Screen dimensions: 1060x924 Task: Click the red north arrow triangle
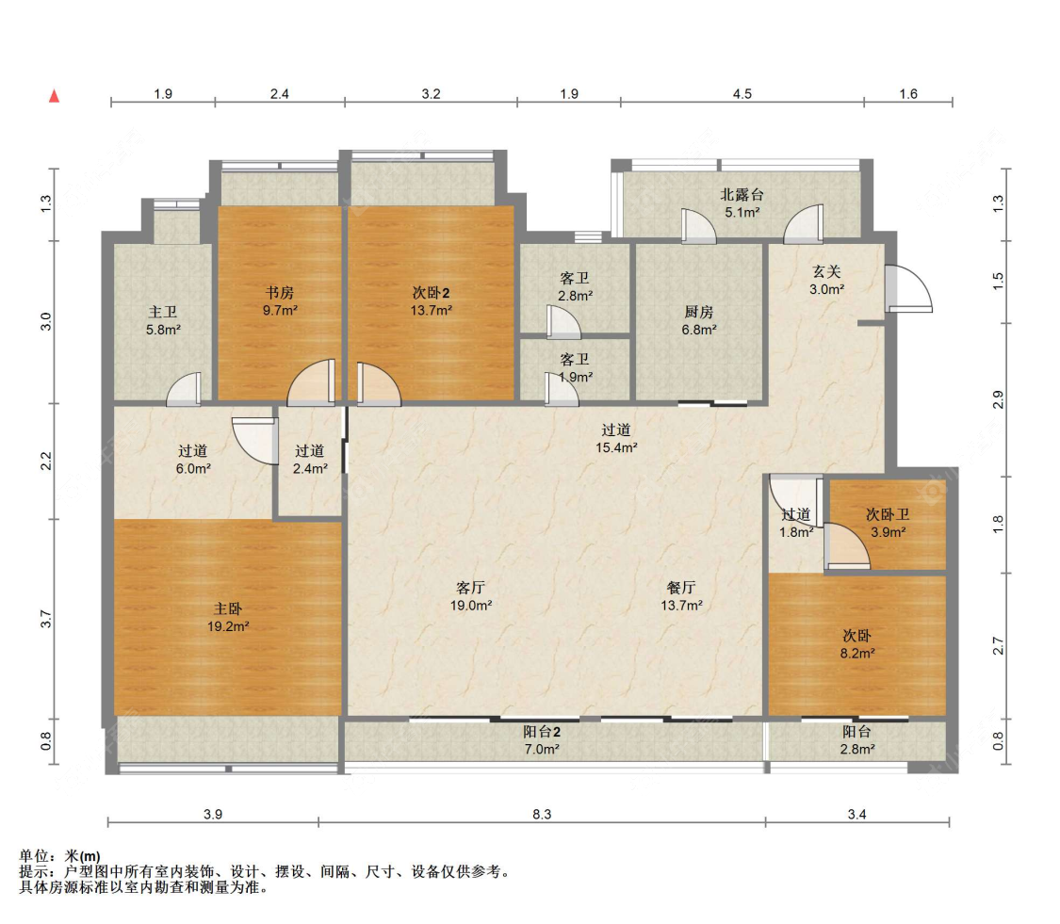point(54,96)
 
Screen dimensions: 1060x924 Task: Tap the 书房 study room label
point(279,293)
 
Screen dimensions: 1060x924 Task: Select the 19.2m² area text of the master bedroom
point(229,626)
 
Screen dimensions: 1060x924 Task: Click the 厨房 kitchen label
point(699,313)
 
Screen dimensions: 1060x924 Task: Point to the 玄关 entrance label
point(826,271)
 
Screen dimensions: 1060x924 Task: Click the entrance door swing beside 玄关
point(910,288)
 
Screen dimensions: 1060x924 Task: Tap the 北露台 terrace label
point(742,195)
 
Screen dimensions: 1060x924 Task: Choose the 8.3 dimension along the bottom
point(542,815)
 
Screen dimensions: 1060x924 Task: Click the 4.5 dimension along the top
point(742,94)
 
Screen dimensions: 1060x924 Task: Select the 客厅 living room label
point(470,588)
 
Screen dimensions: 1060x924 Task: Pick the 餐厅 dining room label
point(680,588)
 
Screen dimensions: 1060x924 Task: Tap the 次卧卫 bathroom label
point(888,515)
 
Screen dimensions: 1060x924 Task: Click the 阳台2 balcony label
point(542,731)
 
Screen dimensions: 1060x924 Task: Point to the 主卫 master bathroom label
point(163,313)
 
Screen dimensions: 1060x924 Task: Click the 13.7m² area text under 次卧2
point(432,310)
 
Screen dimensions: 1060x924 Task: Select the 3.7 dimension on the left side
point(45,619)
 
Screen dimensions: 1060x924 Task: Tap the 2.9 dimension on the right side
point(998,399)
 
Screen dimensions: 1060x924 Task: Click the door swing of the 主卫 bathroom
point(184,389)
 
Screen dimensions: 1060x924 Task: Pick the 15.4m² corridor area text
point(616,447)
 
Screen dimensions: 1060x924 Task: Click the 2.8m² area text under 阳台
point(857,749)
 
